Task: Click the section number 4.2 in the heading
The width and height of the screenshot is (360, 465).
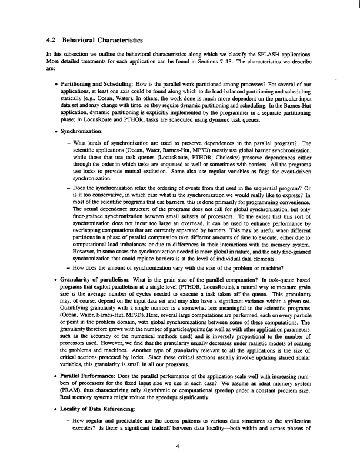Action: click(x=52, y=41)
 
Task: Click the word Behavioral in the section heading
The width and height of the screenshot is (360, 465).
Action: click(x=82, y=41)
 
